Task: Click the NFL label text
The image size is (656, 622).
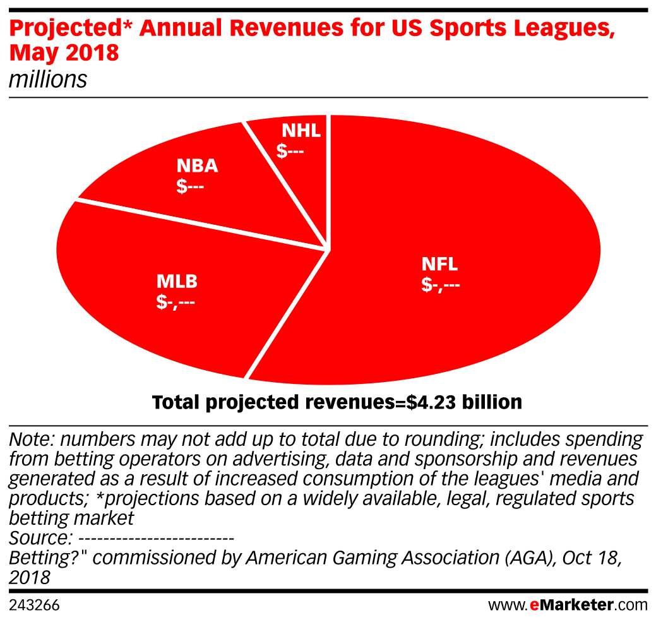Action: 439,265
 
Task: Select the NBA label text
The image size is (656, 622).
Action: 197,166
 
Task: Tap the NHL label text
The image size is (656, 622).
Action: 301,131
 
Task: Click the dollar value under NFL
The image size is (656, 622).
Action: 440,285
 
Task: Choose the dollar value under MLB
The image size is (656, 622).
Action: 176,302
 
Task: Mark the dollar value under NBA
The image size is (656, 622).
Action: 191,187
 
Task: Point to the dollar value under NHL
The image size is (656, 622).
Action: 290,152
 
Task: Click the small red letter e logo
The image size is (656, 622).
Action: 534,606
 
